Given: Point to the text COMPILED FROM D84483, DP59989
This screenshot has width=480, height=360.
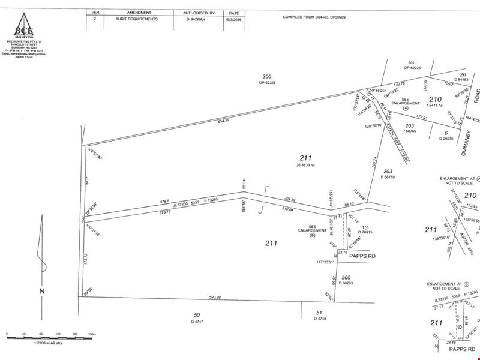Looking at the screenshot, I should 319,17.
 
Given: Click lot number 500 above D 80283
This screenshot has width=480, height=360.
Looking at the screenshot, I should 346,278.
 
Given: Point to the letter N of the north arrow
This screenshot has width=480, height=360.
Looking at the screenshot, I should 42,291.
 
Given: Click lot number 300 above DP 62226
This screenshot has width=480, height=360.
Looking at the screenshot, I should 267,76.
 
